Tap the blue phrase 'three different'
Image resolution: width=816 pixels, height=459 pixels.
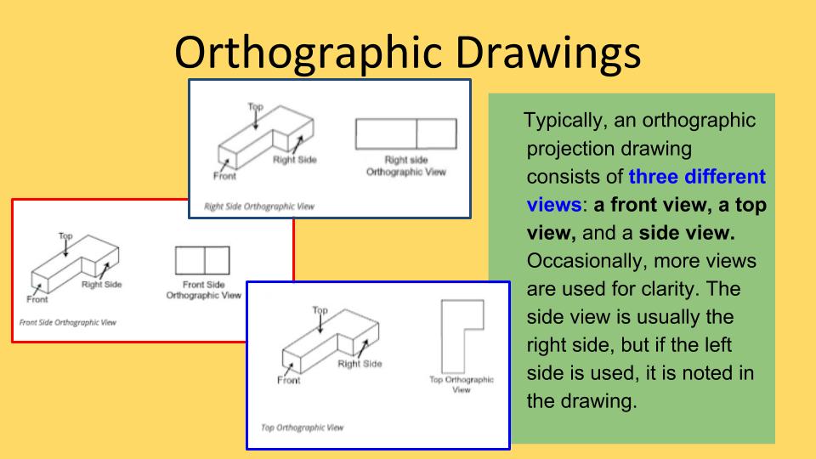click(x=697, y=178)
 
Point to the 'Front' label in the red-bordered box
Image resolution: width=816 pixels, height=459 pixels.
click(x=37, y=299)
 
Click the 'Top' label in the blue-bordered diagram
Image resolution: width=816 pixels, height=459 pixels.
click(x=320, y=311)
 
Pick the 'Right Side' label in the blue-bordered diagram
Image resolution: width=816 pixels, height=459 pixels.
click(x=360, y=364)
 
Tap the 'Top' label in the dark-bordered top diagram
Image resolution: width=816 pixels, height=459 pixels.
click(x=255, y=106)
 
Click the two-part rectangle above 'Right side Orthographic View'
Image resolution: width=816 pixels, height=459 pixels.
click(x=405, y=134)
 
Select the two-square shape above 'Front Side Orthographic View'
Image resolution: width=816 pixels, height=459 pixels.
click(x=202, y=260)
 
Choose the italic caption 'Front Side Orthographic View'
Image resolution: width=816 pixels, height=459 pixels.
click(x=67, y=323)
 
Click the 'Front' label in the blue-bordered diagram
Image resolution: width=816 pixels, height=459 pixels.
click(x=289, y=380)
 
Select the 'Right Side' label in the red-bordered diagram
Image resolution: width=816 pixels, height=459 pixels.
click(x=101, y=285)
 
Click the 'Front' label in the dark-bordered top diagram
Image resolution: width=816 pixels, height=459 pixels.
click(x=224, y=177)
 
